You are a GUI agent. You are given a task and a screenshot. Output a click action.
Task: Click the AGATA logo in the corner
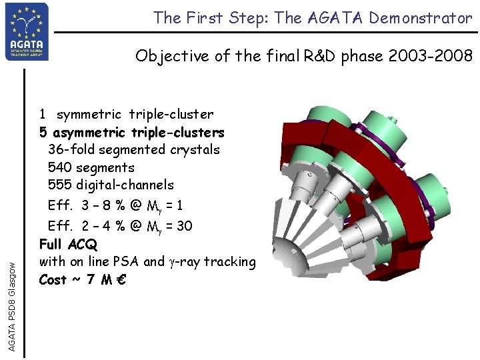(x=27, y=31)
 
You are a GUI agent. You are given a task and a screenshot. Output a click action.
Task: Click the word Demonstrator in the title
(x=423, y=18)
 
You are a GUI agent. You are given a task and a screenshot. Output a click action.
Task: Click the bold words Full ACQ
(x=68, y=244)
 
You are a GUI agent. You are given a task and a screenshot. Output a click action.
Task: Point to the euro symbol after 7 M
(x=121, y=279)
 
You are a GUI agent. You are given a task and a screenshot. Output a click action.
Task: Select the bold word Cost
(x=53, y=279)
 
